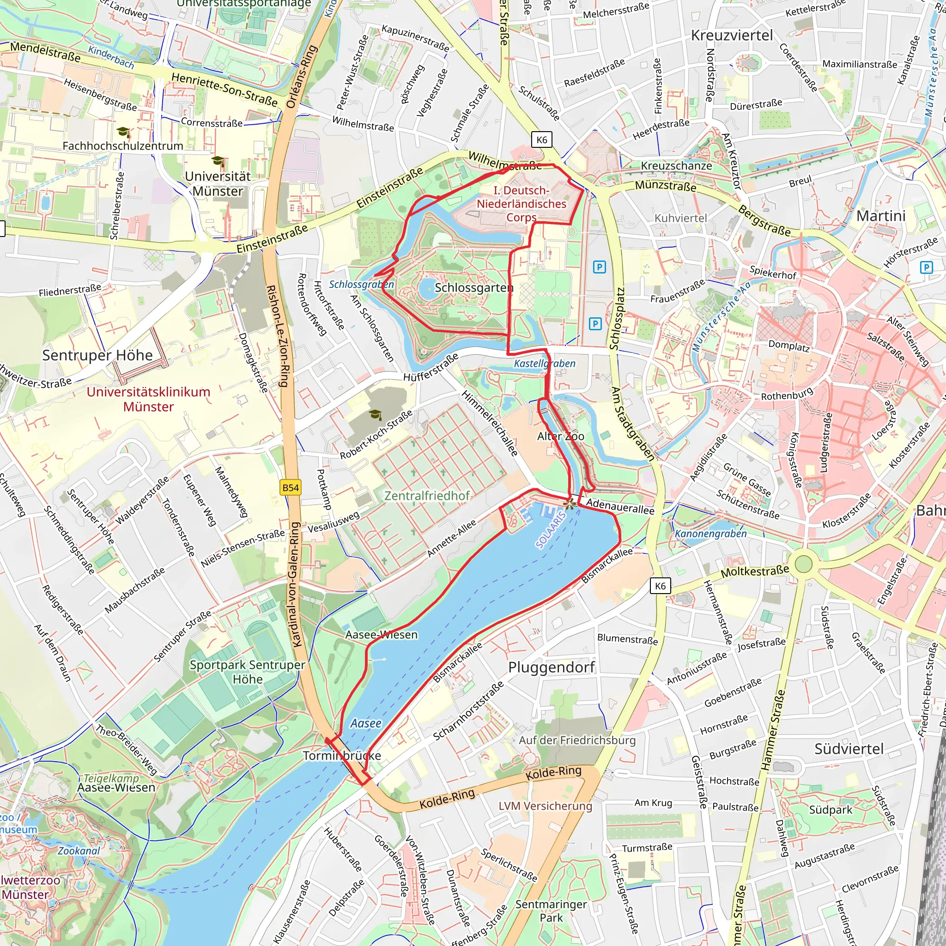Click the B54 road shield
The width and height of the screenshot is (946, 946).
click(x=291, y=488)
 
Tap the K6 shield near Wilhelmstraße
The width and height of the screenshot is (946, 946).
click(x=541, y=140)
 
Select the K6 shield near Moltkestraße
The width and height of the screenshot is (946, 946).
click(x=660, y=586)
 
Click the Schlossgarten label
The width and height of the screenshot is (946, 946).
click(x=473, y=287)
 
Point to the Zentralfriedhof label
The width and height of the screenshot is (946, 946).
click(x=427, y=496)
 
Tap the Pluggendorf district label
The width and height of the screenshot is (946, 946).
click(x=552, y=667)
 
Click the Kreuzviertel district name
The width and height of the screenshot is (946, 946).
click(x=732, y=35)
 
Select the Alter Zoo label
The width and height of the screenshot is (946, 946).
click(x=561, y=436)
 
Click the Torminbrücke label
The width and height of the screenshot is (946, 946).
click(x=342, y=756)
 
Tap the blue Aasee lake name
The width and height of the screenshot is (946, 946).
click(x=366, y=723)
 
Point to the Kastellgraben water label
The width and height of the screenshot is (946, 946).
click(x=545, y=364)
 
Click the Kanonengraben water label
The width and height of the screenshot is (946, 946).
click(x=710, y=534)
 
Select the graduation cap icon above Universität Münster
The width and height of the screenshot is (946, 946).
click(x=218, y=161)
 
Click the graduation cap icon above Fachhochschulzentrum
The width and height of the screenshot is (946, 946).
click(x=123, y=132)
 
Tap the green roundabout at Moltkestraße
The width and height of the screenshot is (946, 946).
click(x=804, y=564)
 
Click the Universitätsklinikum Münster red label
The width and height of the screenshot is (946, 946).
click(x=148, y=399)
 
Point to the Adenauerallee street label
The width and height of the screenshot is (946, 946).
click(x=620, y=506)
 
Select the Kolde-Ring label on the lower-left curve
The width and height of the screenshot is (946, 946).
click(x=447, y=799)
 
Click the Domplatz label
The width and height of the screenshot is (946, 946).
click(x=789, y=345)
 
